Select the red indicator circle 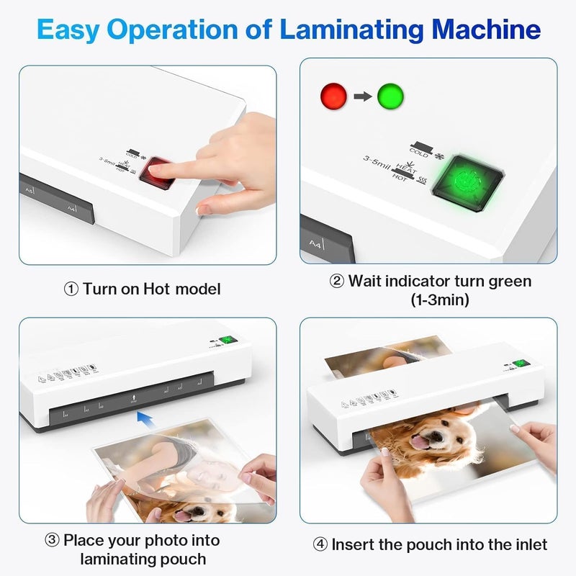333,95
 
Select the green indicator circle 390,95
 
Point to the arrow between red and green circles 361,95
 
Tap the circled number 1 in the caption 71,289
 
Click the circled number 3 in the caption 53,539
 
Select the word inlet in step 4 528,545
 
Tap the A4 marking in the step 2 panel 315,243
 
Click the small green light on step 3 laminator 230,341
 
